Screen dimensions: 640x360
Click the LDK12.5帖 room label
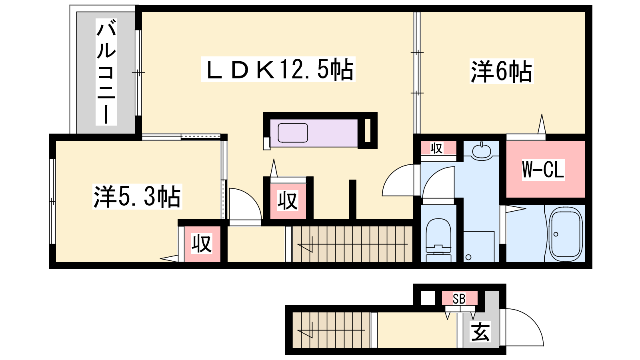tap(278, 70)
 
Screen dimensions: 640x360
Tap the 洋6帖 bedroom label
tap(502, 71)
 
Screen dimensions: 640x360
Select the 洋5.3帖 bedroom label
tap(137, 196)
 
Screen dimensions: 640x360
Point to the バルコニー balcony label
tap(106, 72)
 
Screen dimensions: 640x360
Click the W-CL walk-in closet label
tap(543, 170)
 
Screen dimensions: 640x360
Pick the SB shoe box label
tap(459, 299)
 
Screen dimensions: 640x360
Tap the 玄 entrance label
tap(480, 332)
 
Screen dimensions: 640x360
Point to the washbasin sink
tap(482, 151)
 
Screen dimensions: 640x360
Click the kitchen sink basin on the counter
tap(293, 133)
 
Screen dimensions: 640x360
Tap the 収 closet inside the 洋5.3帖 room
tap(202, 244)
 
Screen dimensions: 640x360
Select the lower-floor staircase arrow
tap(331, 330)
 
